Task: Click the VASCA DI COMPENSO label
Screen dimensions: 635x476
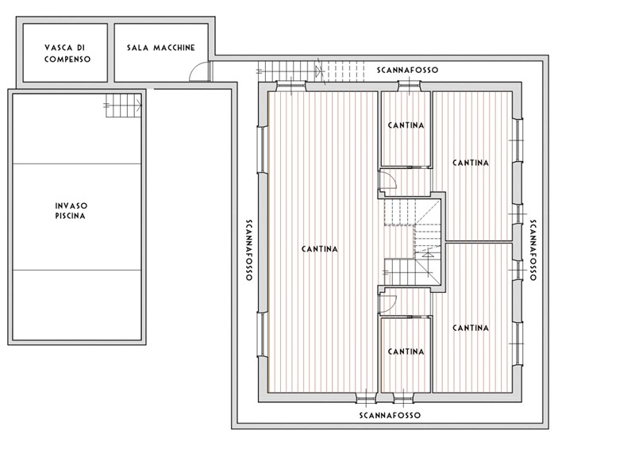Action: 67,53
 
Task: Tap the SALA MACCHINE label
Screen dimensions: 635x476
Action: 161,48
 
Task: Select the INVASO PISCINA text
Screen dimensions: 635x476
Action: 71,211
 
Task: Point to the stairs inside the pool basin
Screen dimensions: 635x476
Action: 124,106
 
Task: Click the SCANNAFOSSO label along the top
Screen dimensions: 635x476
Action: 407,70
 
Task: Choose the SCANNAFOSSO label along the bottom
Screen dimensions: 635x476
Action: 390,415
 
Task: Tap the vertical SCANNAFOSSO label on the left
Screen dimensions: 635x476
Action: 249,250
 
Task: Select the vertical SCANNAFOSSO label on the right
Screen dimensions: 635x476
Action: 533,250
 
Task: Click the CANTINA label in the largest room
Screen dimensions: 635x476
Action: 320,249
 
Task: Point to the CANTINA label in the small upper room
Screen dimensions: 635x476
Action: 406,125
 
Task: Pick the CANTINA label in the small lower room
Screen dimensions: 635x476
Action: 406,351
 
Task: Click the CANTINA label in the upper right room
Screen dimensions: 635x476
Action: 471,163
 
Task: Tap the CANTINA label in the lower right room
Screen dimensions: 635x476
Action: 471,328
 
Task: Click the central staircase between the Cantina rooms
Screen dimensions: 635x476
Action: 412,242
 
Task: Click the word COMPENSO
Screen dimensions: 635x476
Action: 67,59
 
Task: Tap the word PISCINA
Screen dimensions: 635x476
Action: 71,216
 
